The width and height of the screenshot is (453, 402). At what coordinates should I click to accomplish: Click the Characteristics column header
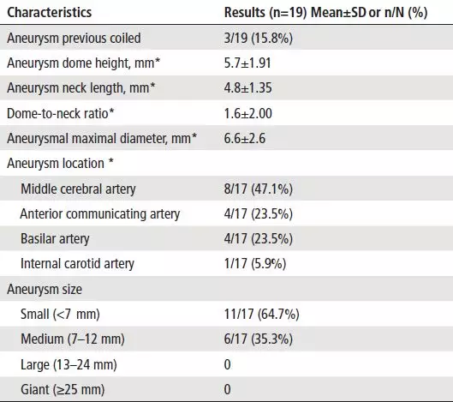click(49, 13)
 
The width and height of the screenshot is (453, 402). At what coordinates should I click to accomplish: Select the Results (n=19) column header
click(325, 13)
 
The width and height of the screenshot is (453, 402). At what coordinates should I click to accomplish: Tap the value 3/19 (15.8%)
click(259, 39)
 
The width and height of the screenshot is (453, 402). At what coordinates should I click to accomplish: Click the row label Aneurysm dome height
click(84, 63)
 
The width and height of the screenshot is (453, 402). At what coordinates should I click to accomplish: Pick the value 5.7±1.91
click(247, 63)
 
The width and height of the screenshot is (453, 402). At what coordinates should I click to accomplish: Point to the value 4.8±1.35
click(247, 88)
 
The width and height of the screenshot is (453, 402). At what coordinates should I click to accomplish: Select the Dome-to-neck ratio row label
click(61, 113)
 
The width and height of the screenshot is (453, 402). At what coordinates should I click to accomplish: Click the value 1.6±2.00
click(247, 113)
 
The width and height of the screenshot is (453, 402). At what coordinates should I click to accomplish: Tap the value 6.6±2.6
click(244, 138)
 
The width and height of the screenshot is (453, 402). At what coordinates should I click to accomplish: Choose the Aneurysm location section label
click(60, 163)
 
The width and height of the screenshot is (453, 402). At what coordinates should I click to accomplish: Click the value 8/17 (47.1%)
click(259, 189)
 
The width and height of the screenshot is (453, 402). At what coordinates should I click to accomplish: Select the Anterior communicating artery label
click(100, 214)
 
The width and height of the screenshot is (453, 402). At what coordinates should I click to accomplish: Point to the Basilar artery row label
click(55, 239)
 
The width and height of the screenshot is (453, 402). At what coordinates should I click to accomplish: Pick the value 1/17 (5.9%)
click(255, 264)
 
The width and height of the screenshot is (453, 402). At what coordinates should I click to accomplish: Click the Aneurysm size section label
click(45, 289)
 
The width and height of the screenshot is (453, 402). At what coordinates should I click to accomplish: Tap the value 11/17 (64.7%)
click(262, 314)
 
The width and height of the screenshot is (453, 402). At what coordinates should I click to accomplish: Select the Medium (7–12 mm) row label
click(73, 339)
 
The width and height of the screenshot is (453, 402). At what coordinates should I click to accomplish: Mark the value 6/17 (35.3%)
click(259, 339)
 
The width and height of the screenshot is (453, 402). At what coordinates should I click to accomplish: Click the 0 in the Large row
click(228, 364)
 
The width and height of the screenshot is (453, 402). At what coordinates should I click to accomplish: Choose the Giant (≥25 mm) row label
click(63, 389)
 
